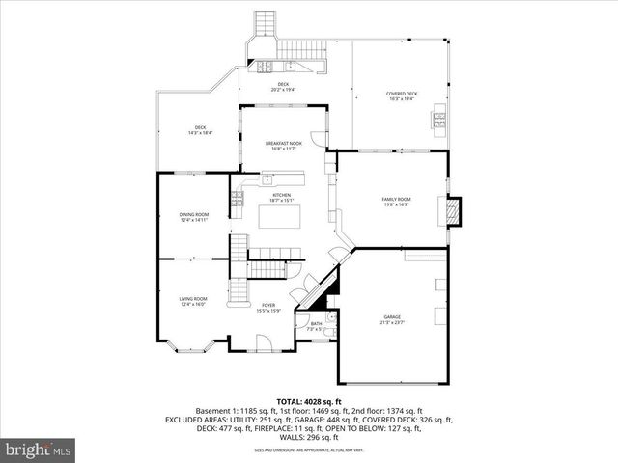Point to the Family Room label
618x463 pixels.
[396, 202]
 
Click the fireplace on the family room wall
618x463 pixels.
[454, 210]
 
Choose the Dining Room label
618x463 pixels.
[194, 217]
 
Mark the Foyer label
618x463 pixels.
[267, 308]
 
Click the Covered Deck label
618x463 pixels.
[401, 96]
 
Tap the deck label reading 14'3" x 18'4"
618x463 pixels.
[200, 130]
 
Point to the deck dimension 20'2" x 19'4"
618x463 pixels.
[283, 87]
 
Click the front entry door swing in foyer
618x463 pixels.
[263, 339]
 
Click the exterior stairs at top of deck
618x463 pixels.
[264, 24]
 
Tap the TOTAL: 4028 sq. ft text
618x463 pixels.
[308, 401]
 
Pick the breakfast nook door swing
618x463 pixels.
[320, 135]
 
